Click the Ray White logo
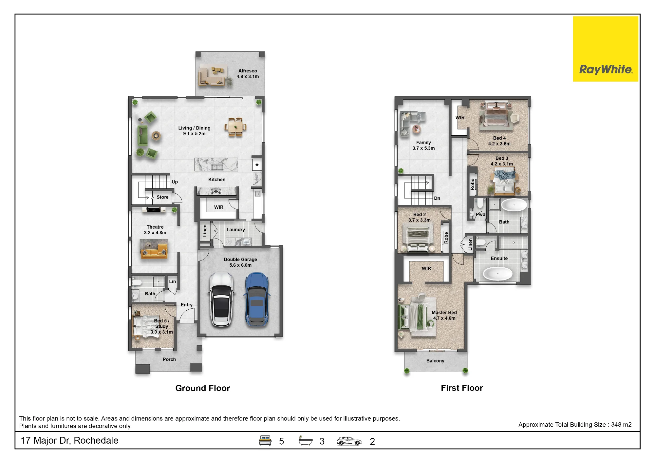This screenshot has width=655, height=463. [x=606, y=49]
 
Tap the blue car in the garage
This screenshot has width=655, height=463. [x=257, y=299]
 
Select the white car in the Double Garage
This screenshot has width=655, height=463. [x=222, y=299]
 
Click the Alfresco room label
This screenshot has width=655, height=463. [x=248, y=71]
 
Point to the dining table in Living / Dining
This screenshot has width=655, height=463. [x=235, y=127]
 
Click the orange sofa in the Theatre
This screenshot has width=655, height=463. [x=154, y=252]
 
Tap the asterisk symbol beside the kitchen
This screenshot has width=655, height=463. [x=257, y=165]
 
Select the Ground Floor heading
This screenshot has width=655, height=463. [x=203, y=388]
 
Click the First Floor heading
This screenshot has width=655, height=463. [x=462, y=388]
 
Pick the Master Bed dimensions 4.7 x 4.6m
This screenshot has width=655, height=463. [x=444, y=318]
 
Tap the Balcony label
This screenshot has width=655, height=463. [x=435, y=361]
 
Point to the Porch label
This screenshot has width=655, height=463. [x=169, y=359]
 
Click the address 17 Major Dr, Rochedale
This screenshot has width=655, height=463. [x=69, y=440]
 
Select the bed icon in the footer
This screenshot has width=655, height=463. [x=265, y=441]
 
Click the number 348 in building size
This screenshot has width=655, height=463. [x=616, y=425]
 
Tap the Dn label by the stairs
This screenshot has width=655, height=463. [x=437, y=198]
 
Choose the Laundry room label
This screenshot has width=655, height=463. [x=236, y=230]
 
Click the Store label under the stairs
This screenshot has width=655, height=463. [x=162, y=197]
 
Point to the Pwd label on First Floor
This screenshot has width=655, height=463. [x=480, y=215]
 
